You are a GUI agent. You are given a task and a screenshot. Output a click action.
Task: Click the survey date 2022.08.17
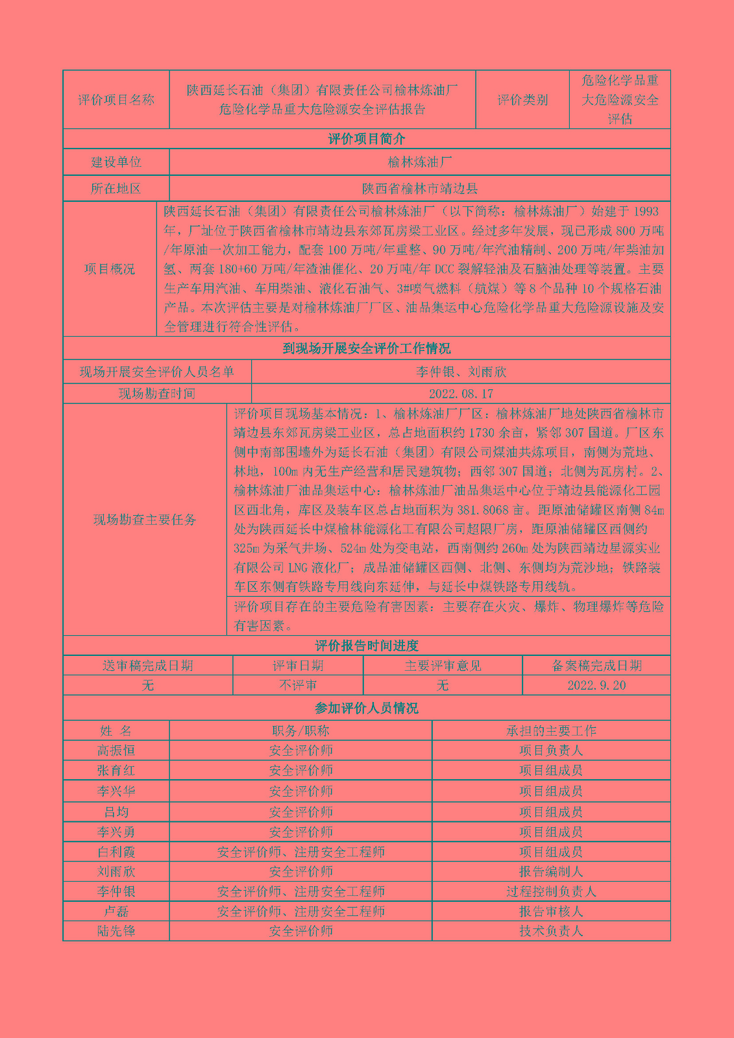(x=461, y=394)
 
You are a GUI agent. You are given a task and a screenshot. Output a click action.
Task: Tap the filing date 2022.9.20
(x=596, y=686)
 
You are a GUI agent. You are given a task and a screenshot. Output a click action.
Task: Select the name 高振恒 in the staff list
(x=116, y=751)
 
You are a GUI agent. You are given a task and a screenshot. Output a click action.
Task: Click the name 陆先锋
(x=116, y=931)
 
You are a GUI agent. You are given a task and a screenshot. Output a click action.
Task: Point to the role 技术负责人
(x=551, y=931)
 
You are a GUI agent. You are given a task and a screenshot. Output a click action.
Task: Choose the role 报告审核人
(x=551, y=911)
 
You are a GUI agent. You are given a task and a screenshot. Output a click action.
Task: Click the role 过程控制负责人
(x=551, y=891)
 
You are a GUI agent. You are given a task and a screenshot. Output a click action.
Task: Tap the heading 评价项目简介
(x=367, y=139)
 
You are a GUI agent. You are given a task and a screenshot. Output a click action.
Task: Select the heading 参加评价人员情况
(x=367, y=708)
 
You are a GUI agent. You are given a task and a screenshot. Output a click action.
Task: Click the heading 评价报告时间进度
(x=367, y=646)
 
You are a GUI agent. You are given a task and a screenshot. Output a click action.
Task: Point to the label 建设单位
(x=116, y=162)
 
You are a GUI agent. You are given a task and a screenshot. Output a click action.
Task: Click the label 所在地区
(x=116, y=189)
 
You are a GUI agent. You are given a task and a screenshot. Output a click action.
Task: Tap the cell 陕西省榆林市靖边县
(x=420, y=189)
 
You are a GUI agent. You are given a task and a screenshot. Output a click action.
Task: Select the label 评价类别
(x=522, y=100)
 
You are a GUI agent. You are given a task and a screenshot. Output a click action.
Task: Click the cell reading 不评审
(x=298, y=686)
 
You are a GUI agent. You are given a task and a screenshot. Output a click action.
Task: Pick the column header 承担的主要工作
(x=551, y=730)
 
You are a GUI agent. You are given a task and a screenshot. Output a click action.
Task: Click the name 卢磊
(x=116, y=911)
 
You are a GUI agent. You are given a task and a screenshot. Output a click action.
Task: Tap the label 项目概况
(x=110, y=269)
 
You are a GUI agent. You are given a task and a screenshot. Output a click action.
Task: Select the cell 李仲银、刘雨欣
(x=461, y=372)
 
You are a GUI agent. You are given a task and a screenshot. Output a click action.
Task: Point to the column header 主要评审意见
(x=443, y=666)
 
